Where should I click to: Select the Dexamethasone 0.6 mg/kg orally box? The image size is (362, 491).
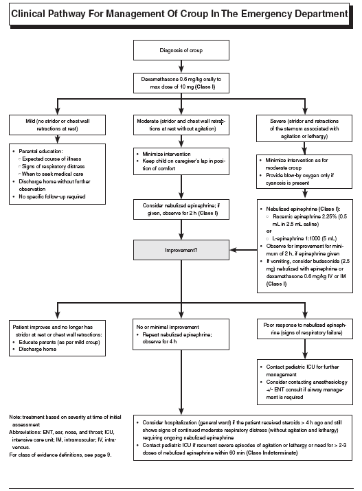pos(181,82)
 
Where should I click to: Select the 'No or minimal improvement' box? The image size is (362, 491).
pos(181,332)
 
